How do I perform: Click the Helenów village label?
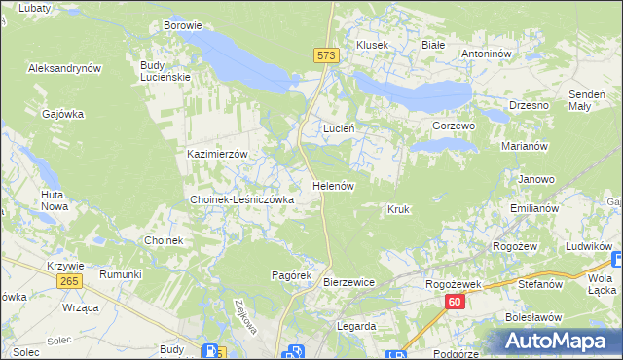pyautogui.click(x=331, y=185)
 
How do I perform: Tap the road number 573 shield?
pyautogui.click(x=326, y=56)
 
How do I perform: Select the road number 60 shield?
pyautogui.click(x=455, y=302)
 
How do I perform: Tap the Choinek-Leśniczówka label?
pyautogui.click(x=241, y=199)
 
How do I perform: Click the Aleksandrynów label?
pyautogui.click(x=65, y=69)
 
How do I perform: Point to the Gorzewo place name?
pyautogui.click(x=453, y=126)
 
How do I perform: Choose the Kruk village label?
pyautogui.click(x=398, y=209)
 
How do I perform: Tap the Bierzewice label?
pyautogui.click(x=348, y=282)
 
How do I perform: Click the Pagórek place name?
pyautogui.click(x=290, y=275)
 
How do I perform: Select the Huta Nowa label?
pyautogui.click(x=53, y=200)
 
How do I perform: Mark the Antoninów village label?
pyautogui.click(x=487, y=54)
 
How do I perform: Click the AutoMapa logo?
pyautogui.click(x=558, y=342)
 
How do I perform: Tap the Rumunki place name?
pyautogui.click(x=120, y=275)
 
